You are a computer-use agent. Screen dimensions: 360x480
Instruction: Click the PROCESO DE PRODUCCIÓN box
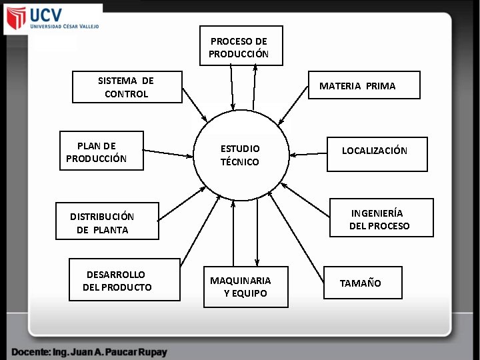[241, 45]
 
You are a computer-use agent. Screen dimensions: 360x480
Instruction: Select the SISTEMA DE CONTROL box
[127, 87]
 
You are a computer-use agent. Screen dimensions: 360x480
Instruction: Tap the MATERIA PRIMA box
[364, 85]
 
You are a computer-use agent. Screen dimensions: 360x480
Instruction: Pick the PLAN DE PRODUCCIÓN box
[101, 151]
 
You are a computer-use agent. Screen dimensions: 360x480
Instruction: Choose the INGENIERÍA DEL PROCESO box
[382, 218]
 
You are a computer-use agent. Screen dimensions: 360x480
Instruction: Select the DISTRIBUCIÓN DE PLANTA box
[107, 221]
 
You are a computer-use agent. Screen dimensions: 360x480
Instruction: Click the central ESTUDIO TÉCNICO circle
[241, 155]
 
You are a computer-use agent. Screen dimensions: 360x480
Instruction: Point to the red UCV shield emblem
[15, 19]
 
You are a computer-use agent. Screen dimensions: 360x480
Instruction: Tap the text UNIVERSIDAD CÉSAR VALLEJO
[64, 27]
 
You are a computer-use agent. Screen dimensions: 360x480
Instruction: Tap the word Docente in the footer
[33, 351]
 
